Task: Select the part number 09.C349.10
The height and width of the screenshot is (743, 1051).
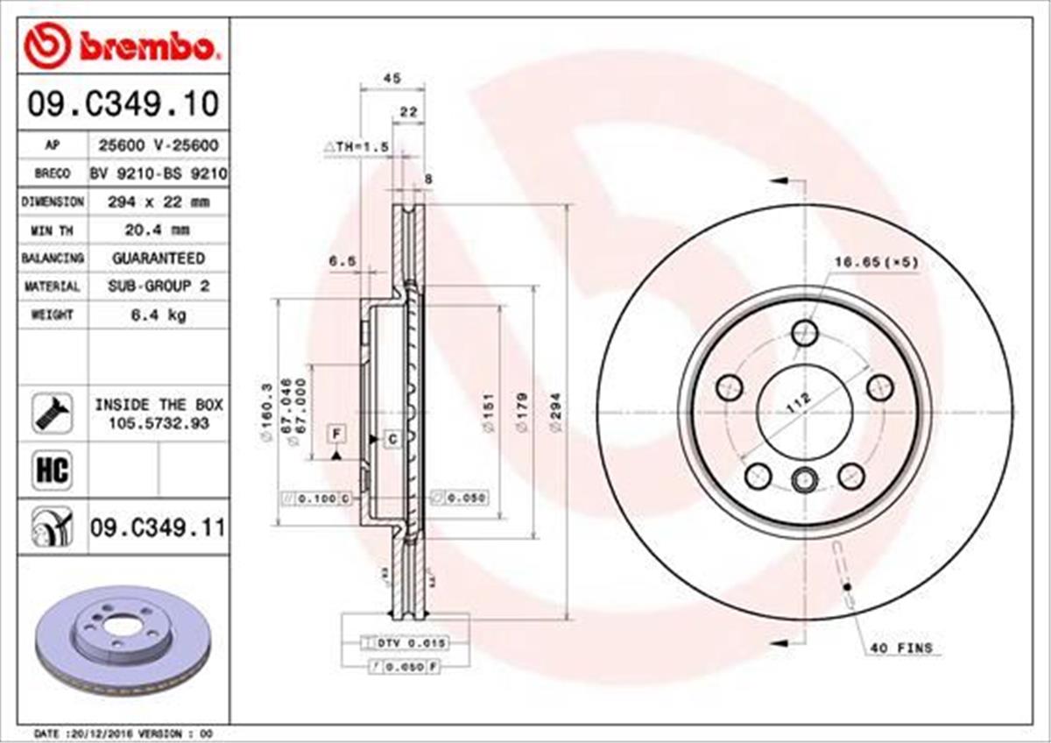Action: [123, 105]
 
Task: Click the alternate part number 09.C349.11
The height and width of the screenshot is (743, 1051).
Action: [158, 528]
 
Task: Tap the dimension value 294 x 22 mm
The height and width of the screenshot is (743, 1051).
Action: [159, 202]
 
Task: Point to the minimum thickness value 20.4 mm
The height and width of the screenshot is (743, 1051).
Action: [159, 230]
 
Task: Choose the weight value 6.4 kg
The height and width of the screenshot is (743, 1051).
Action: [159, 315]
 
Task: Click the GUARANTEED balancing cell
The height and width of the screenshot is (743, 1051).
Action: [159, 258]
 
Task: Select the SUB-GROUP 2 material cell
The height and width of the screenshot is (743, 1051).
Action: [159, 287]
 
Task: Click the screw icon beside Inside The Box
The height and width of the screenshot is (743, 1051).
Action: [52, 413]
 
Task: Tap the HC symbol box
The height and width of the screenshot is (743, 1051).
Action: [52, 471]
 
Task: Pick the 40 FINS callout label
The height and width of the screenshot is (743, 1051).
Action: [901, 649]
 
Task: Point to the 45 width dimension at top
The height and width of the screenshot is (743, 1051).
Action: [392, 79]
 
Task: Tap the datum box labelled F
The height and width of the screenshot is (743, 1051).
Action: [335, 433]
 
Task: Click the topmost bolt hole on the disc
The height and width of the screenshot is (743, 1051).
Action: [804, 333]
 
